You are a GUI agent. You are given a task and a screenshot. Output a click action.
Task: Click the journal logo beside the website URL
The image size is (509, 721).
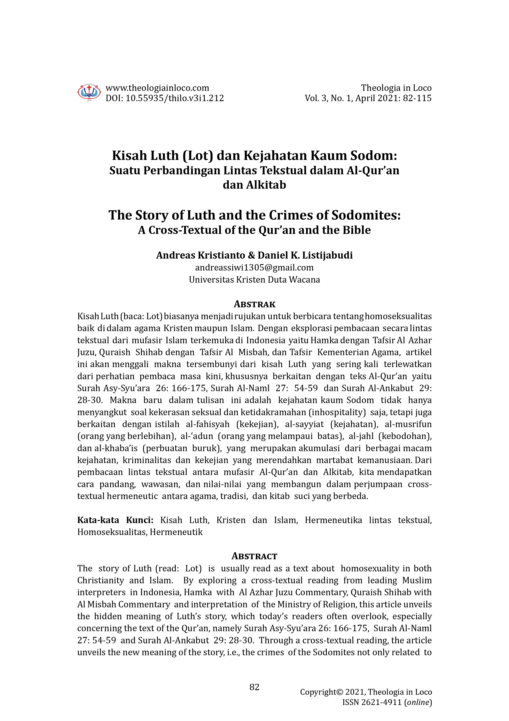pyautogui.click(x=89, y=93)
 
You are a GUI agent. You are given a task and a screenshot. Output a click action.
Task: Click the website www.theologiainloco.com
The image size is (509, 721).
pyautogui.click(x=157, y=88)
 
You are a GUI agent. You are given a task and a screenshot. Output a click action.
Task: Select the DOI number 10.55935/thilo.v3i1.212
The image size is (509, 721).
pyautogui.click(x=175, y=98)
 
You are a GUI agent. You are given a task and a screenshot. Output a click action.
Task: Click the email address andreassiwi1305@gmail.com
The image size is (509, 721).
pyautogui.click(x=254, y=268)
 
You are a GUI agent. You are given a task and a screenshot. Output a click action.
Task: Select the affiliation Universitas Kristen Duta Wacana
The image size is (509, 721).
pyautogui.click(x=254, y=280)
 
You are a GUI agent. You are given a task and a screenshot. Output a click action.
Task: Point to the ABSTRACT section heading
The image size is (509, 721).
pyautogui.click(x=254, y=556)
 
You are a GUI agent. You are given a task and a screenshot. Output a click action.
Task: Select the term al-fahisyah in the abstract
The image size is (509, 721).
pyautogui.click(x=208, y=424)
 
